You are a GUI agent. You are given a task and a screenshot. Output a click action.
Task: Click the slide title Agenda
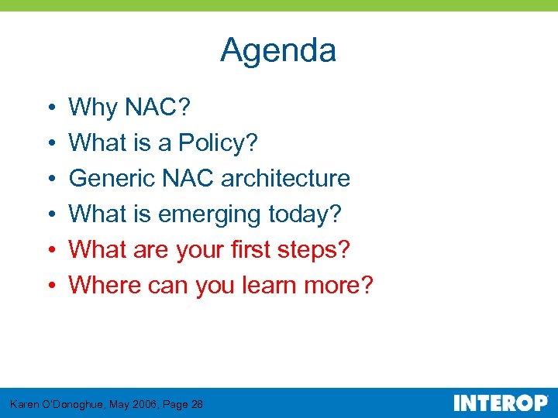coord(278,51)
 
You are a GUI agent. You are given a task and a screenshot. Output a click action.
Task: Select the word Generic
coord(112,179)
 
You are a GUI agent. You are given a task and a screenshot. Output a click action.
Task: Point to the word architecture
coord(285,179)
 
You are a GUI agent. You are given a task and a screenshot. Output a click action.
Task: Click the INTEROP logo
coord(500,403)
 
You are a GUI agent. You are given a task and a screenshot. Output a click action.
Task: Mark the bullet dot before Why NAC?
coord(49,108)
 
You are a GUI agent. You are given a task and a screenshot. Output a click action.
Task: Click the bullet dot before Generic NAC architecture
coord(49,180)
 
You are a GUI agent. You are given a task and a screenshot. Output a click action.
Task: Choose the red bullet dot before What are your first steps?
coord(49,251)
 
